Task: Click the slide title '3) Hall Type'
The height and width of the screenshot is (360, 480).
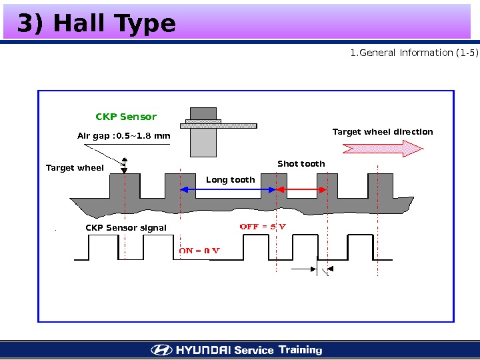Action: pyautogui.click(x=96, y=24)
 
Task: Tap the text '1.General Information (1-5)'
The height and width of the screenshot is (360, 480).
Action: pyautogui.click(x=414, y=53)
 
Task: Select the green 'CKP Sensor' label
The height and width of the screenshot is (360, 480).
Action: pyautogui.click(x=126, y=117)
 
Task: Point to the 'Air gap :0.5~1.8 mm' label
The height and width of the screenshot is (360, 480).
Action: pyautogui.click(x=124, y=137)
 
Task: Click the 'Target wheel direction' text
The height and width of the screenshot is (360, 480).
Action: pyautogui.click(x=383, y=132)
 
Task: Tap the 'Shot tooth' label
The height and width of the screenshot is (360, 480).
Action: pyautogui.click(x=301, y=164)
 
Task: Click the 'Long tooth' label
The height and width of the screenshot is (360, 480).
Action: pyautogui.click(x=230, y=180)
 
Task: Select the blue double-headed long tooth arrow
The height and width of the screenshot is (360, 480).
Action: pyautogui.click(x=227, y=190)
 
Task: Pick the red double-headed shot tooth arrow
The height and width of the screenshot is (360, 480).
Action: pyautogui.click(x=301, y=190)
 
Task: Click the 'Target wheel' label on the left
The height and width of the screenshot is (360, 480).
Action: pyautogui.click(x=75, y=168)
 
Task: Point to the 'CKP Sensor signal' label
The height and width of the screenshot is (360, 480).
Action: pyautogui.click(x=126, y=228)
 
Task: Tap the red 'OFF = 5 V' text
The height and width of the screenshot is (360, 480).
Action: pyautogui.click(x=263, y=227)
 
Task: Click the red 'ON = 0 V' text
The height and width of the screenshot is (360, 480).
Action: pyautogui.click(x=200, y=251)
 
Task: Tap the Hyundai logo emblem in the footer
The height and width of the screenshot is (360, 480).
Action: pyautogui.click(x=161, y=350)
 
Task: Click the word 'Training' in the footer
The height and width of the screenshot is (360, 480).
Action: pyautogui.click(x=300, y=350)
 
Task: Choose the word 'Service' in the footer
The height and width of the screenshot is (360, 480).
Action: pyautogui.click(x=254, y=350)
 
